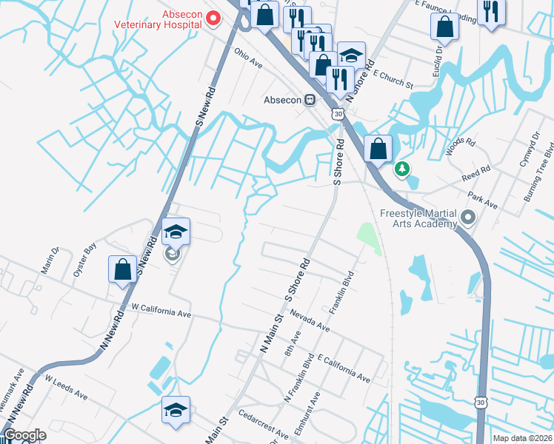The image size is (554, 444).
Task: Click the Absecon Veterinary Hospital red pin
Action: pyautogui.click(x=215, y=18)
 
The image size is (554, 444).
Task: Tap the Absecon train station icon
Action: pyautogui.click(x=311, y=99)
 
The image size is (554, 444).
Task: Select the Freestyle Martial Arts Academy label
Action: pyautogui.click(x=420, y=219)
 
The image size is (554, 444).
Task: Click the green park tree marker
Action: pyautogui.click(x=402, y=170)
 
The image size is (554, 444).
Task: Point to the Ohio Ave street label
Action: pyautogui.click(x=249, y=55)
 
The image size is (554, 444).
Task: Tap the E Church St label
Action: pyautogui.click(x=393, y=79)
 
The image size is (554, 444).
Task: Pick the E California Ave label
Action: pyautogui.click(x=343, y=368)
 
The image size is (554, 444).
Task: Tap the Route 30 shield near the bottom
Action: pyautogui.click(x=481, y=400)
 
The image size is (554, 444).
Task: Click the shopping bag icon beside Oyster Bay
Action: pyautogui.click(x=123, y=269)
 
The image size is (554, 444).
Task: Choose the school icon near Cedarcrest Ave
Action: pyautogui.click(x=176, y=410)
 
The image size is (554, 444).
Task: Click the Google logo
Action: pyautogui.click(x=25, y=435)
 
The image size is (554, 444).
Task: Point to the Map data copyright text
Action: pyautogui.click(x=521, y=438)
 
